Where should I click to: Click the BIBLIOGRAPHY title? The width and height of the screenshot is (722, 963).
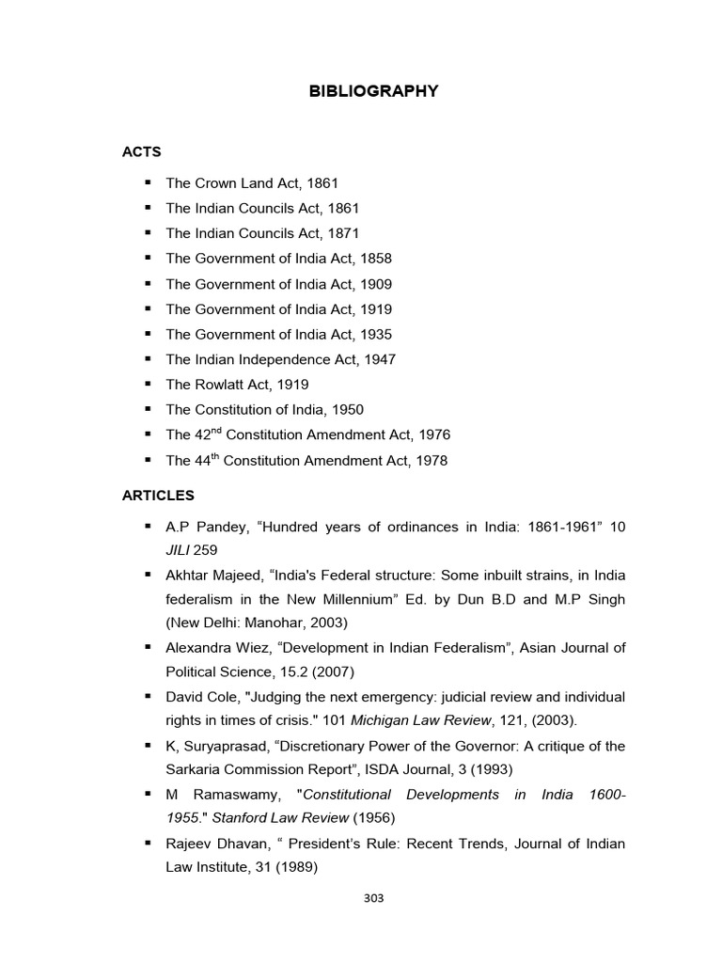click(x=373, y=91)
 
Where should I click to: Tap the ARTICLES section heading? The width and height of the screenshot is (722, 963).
click(x=157, y=495)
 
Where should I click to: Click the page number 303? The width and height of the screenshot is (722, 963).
click(x=373, y=898)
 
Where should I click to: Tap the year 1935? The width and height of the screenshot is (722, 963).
click(x=375, y=334)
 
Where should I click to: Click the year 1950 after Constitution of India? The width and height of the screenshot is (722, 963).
click(x=345, y=410)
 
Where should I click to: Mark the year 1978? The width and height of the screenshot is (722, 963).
click(x=430, y=461)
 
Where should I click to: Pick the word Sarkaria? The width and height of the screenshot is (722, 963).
click(x=196, y=770)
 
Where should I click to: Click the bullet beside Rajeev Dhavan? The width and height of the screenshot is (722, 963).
click(x=148, y=844)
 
